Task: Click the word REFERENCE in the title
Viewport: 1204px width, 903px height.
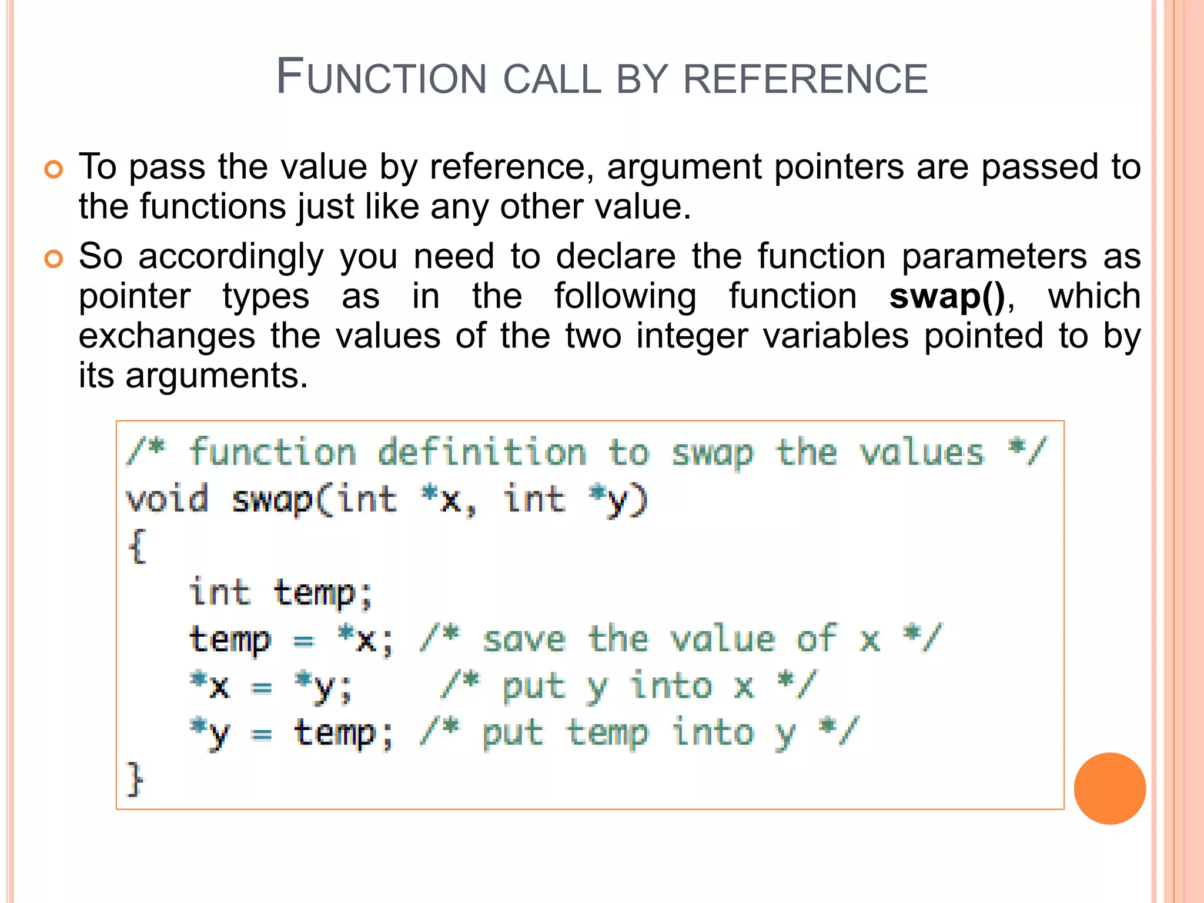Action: point(805,79)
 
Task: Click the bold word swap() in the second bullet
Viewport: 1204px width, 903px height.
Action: point(947,296)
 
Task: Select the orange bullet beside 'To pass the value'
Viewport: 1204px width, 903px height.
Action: point(53,169)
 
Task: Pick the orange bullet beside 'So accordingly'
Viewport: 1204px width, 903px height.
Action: point(53,259)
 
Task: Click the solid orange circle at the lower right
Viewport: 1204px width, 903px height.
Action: point(1109,788)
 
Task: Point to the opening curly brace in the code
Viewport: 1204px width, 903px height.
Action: point(137,546)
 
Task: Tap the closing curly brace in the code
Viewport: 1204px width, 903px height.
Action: point(136,779)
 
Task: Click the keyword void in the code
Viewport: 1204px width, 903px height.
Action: point(168,499)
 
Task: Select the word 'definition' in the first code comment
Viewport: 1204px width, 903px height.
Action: point(482,453)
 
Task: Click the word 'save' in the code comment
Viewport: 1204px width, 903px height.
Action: point(524,640)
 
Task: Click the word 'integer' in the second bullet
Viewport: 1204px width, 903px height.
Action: point(693,336)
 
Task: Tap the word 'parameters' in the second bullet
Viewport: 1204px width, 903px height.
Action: point(994,256)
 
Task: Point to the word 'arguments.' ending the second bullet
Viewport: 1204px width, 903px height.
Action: point(216,376)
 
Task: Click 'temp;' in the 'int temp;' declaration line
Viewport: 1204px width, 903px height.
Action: point(323,593)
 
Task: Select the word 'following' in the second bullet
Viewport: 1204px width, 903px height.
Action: point(625,296)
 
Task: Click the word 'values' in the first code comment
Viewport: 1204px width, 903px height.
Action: point(922,453)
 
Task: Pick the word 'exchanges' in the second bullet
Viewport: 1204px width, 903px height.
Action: point(167,336)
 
